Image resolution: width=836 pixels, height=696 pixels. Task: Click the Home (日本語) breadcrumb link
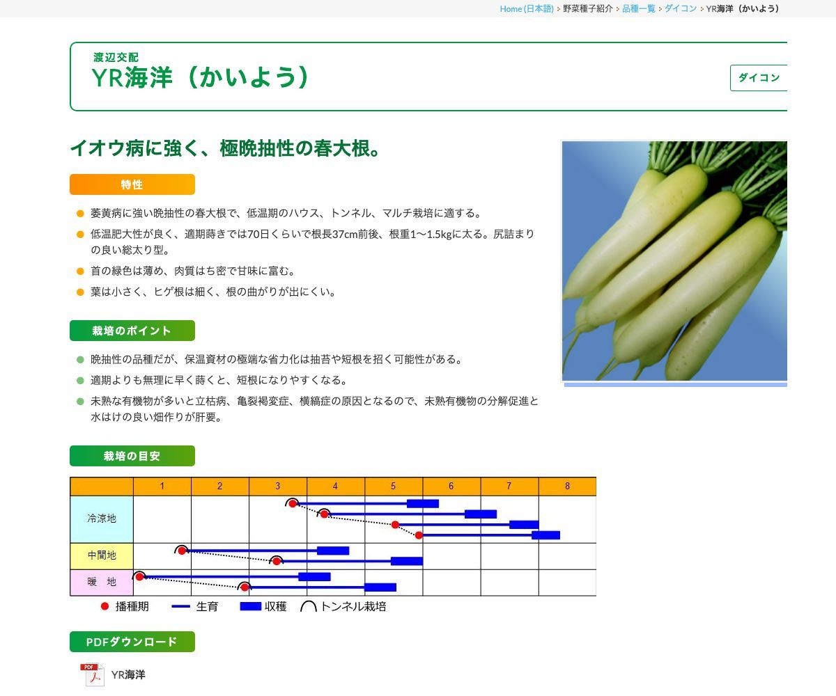(x=526, y=8)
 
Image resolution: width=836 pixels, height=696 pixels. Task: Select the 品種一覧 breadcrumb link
(x=638, y=8)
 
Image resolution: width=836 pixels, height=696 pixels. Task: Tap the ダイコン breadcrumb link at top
(x=680, y=8)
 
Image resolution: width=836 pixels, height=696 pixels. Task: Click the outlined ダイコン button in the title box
(x=759, y=78)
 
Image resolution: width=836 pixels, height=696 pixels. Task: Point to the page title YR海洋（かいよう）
(x=201, y=77)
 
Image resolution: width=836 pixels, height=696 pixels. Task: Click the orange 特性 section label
(x=132, y=184)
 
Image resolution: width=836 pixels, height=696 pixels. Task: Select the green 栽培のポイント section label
(x=132, y=331)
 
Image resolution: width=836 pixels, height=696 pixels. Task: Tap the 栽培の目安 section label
(x=132, y=456)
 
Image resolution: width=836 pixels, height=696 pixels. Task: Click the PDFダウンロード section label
(x=132, y=642)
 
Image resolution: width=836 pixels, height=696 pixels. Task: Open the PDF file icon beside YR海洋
(x=92, y=675)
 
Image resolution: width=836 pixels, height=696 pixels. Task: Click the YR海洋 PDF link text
(x=128, y=675)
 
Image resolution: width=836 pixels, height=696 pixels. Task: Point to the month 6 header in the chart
(x=451, y=487)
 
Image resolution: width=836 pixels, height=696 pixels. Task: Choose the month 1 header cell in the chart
(x=162, y=487)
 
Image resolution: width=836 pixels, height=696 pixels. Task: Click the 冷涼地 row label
(x=102, y=519)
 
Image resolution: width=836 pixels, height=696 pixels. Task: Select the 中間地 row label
(x=102, y=556)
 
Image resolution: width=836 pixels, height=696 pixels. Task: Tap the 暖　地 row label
(x=102, y=582)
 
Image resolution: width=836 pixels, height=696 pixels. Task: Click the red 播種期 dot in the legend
(x=105, y=606)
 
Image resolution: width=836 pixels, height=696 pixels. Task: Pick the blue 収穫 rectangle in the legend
(x=250, y=606)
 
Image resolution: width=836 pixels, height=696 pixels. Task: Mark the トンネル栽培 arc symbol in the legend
(x=308, y=606)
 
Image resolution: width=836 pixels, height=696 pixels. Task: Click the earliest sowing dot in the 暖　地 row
(x=139, y=576)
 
